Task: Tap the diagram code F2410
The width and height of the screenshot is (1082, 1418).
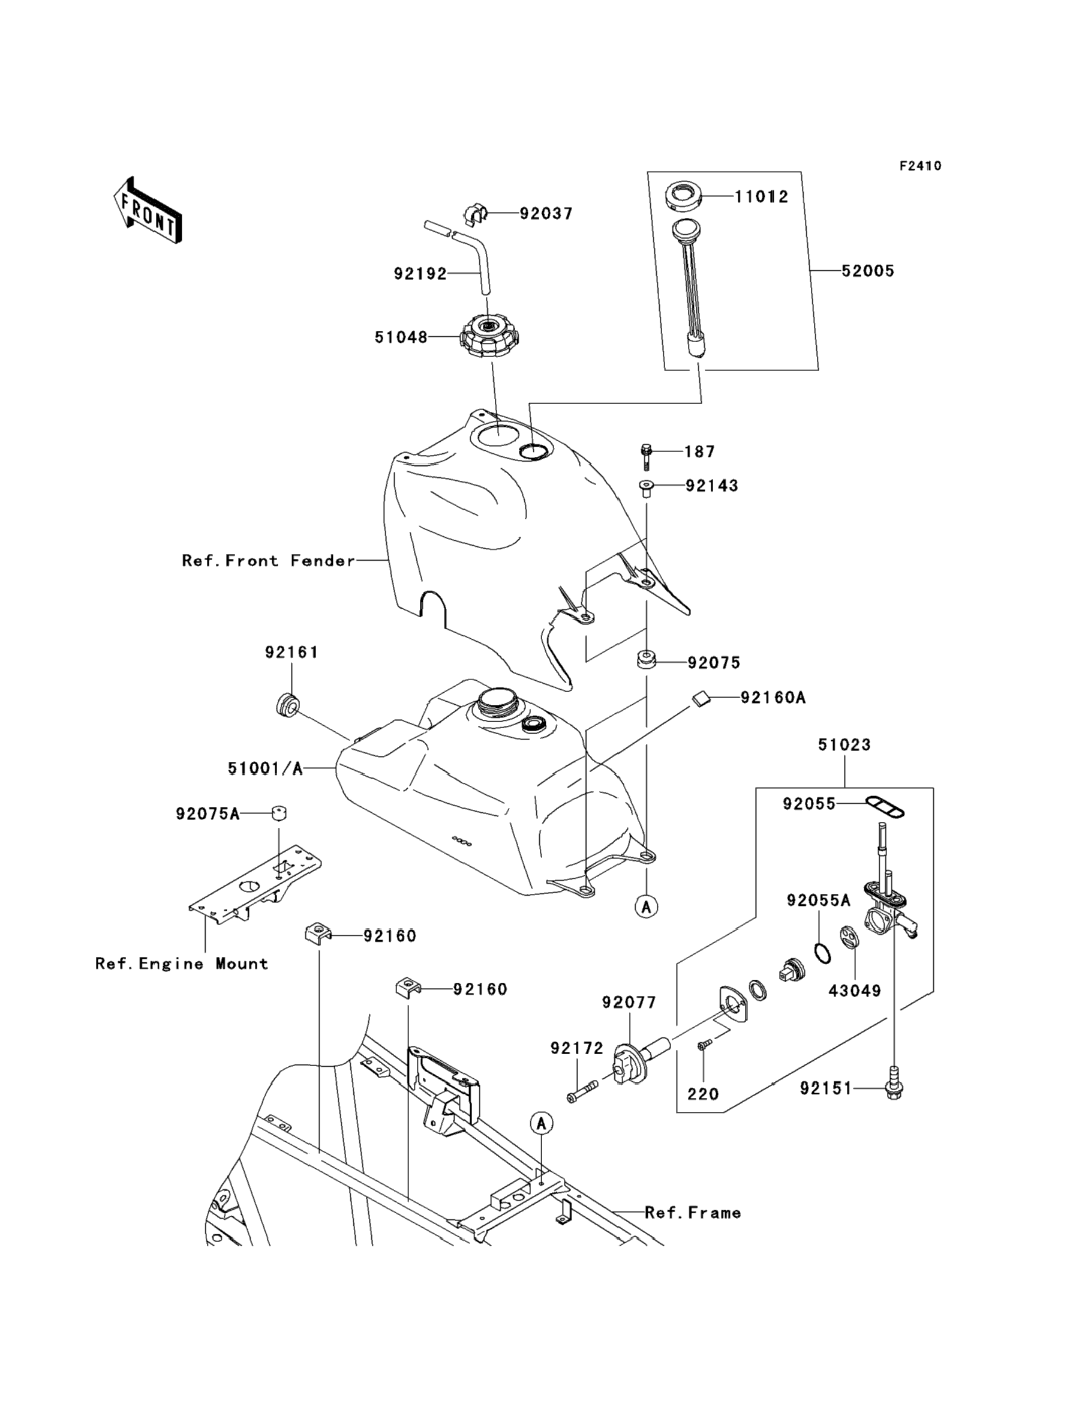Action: click(x=920, y=166)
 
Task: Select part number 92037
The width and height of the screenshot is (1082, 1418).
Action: click(x=546, y=213)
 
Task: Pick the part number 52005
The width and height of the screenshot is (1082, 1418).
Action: click(x=868, y=271)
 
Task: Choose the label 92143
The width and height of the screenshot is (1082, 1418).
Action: click(x=712, y=486)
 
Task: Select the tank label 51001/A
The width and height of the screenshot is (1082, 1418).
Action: click(x=265, y=768)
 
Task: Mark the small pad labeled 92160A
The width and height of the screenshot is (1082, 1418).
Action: click(x=701, y=698)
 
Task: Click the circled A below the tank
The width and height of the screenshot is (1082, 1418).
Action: click(x=646, y=907)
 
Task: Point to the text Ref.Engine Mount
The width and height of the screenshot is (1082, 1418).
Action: click(x=182, y=964)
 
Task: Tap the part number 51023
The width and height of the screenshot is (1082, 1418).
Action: click(x=844, y=745)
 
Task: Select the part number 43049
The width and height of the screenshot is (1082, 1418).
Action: click(x=855, y=991)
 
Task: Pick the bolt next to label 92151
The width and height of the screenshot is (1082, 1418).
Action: click(x=893, y=1087)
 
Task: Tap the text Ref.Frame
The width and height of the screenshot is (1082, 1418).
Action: click(x=692, y=1213)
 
